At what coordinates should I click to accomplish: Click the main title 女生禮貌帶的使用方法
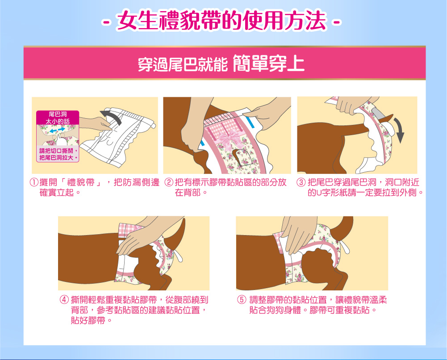221,20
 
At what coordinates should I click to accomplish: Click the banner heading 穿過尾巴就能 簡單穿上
221,63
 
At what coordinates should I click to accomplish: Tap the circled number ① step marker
34,182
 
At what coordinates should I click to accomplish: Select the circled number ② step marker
169,182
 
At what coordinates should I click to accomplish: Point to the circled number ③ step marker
301,182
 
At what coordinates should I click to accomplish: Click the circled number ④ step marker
64,300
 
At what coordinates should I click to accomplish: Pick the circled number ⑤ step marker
242,300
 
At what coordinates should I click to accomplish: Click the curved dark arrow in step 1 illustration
112,116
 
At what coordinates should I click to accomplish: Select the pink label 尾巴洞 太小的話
58,118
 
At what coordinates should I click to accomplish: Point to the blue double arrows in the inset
57,130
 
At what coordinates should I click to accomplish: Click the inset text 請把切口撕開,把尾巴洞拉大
58,154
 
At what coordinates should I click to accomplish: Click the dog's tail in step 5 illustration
343,227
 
